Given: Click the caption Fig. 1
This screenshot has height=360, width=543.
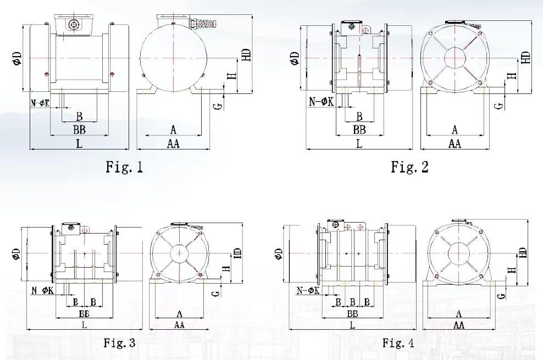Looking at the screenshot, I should [124, 167].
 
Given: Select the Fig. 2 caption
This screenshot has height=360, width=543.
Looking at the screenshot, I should [409, 167].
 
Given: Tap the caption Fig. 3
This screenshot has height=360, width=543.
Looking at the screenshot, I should [119, 344].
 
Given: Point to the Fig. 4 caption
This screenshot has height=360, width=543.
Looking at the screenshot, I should [398, 344].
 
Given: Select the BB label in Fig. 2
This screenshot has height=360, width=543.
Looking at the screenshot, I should [359, 130].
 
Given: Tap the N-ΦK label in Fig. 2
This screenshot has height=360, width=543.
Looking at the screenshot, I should [321, 101].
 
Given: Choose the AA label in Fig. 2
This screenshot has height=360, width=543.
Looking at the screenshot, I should [455, 144].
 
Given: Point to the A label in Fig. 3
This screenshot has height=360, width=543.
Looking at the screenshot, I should [179, 314].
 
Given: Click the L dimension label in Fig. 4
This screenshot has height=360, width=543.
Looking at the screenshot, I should [352, 325].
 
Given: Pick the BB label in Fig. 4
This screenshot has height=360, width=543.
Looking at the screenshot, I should [352, 314].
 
